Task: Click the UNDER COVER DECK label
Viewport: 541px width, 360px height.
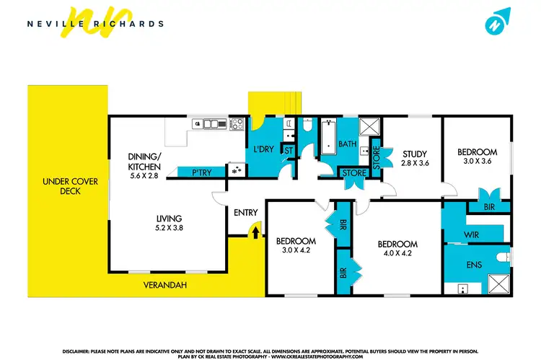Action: click(61, 186)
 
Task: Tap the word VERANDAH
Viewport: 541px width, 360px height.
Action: click(169, 286)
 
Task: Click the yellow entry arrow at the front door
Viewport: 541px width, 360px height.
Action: click(253, 231)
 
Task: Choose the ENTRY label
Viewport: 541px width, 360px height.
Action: click(247, 212)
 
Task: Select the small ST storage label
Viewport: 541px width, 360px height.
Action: click(288, 151)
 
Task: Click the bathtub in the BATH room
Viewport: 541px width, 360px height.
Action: click(328, 137)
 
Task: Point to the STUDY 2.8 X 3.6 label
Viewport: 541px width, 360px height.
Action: click(415, 158)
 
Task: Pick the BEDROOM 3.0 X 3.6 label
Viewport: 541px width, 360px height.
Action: click(477, 157)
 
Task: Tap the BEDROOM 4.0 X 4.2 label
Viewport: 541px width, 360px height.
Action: click(397, 249)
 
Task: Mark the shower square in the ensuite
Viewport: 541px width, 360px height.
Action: click(497, 281)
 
